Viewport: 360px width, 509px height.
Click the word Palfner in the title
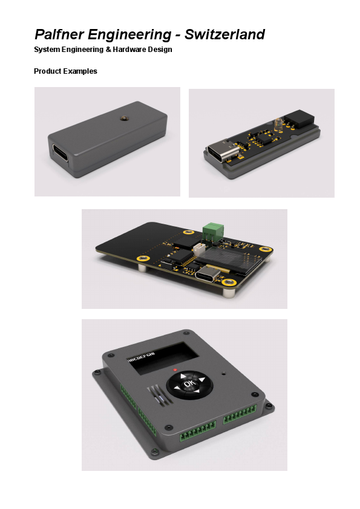click(x=59, y=34)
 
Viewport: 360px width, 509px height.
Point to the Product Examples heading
click(x=65, y=71)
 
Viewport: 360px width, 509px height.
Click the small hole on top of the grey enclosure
click(x=123, y=117)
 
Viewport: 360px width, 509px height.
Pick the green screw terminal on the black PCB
click(x=213, y=231)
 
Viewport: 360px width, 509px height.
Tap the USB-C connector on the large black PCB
click(x=209, y=274)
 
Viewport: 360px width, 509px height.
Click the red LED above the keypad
click(x=175, y=369)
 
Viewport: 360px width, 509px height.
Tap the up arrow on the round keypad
click(x=183, y=376)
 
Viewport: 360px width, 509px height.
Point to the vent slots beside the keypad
click(x=158, y=396)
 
